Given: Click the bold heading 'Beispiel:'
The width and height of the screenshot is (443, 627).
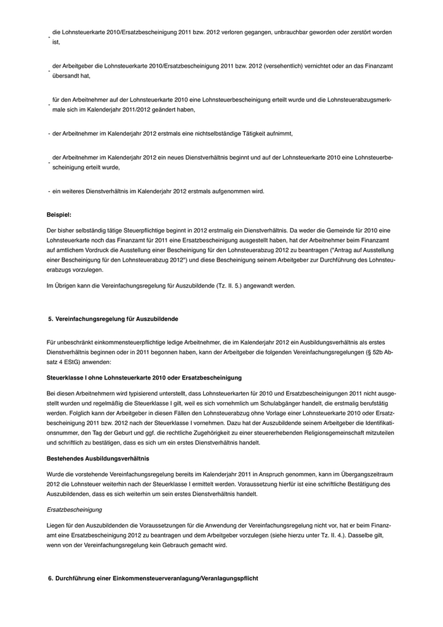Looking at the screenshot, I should coord(59,215).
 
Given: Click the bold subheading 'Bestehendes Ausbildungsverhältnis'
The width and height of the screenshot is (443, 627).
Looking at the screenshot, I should coord(99,457).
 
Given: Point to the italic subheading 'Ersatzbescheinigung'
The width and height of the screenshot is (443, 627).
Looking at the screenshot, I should coord(75,509).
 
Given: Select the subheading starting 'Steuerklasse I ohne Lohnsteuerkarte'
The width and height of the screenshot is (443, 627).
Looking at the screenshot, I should coord(144,377).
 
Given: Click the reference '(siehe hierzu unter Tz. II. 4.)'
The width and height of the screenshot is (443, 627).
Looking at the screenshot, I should coord(292,535).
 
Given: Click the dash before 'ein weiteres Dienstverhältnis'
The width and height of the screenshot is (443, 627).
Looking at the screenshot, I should coord(49,191).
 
